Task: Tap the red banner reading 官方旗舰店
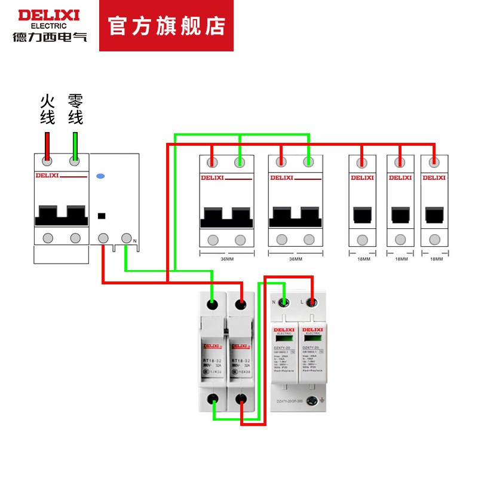tap(166, 26)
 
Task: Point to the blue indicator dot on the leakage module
tap(100, 177)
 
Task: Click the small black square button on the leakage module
tap(101, 215)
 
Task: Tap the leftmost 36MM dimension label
tap(226, 259)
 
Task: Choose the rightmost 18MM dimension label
tap(436, 259)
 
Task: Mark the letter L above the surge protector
tap(301, 302)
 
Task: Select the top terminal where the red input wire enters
tap(48, 161)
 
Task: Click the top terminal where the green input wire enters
tap(75, 161)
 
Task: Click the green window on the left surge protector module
tap(283, 339)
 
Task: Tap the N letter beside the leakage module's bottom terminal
tap(135, 241)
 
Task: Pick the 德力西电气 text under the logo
tap(50, 36)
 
